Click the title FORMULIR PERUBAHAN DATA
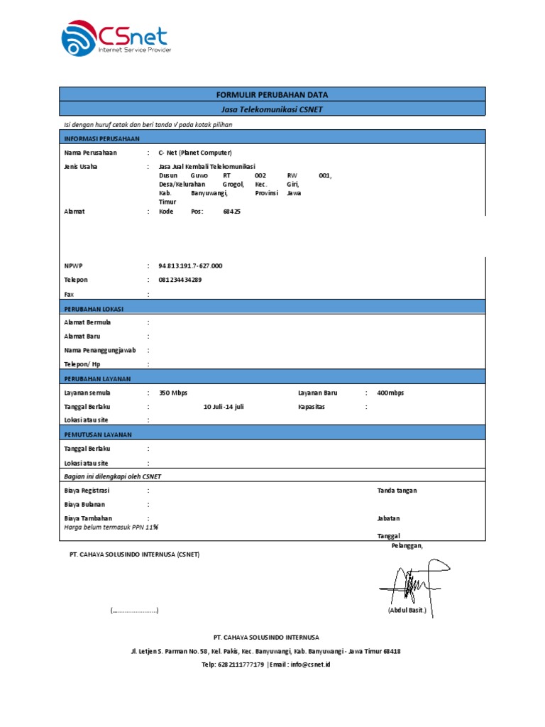(272, 94)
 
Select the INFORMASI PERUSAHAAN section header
(102, 138)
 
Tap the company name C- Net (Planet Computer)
(195, 153)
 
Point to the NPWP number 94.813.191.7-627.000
(190, 266)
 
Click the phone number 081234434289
(180, 280)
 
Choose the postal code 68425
(231, 212)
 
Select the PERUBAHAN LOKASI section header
(94, 308)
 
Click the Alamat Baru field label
(82, 337)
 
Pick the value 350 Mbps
(173, 393)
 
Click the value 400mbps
(390, 393)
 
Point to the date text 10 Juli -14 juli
(224, 407)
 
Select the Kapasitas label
(313, 407)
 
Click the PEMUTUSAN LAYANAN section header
(97, 434)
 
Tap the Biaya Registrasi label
(87, 491)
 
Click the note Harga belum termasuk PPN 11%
(111, 527)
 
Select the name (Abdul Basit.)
(407, 611)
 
